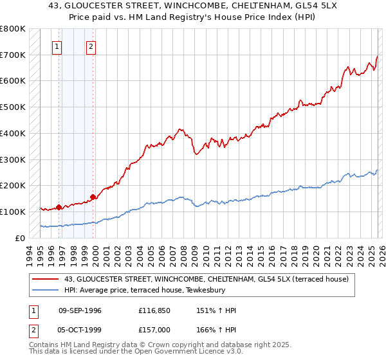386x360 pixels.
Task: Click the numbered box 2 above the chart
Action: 91,46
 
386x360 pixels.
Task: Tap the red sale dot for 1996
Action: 59,207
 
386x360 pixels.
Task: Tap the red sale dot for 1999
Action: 93,197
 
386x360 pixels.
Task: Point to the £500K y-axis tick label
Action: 13,107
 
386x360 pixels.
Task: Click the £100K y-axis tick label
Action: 13,212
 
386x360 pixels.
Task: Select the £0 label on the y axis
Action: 20,238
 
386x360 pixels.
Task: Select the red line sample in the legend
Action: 46,279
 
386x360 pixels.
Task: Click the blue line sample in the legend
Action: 46,291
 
